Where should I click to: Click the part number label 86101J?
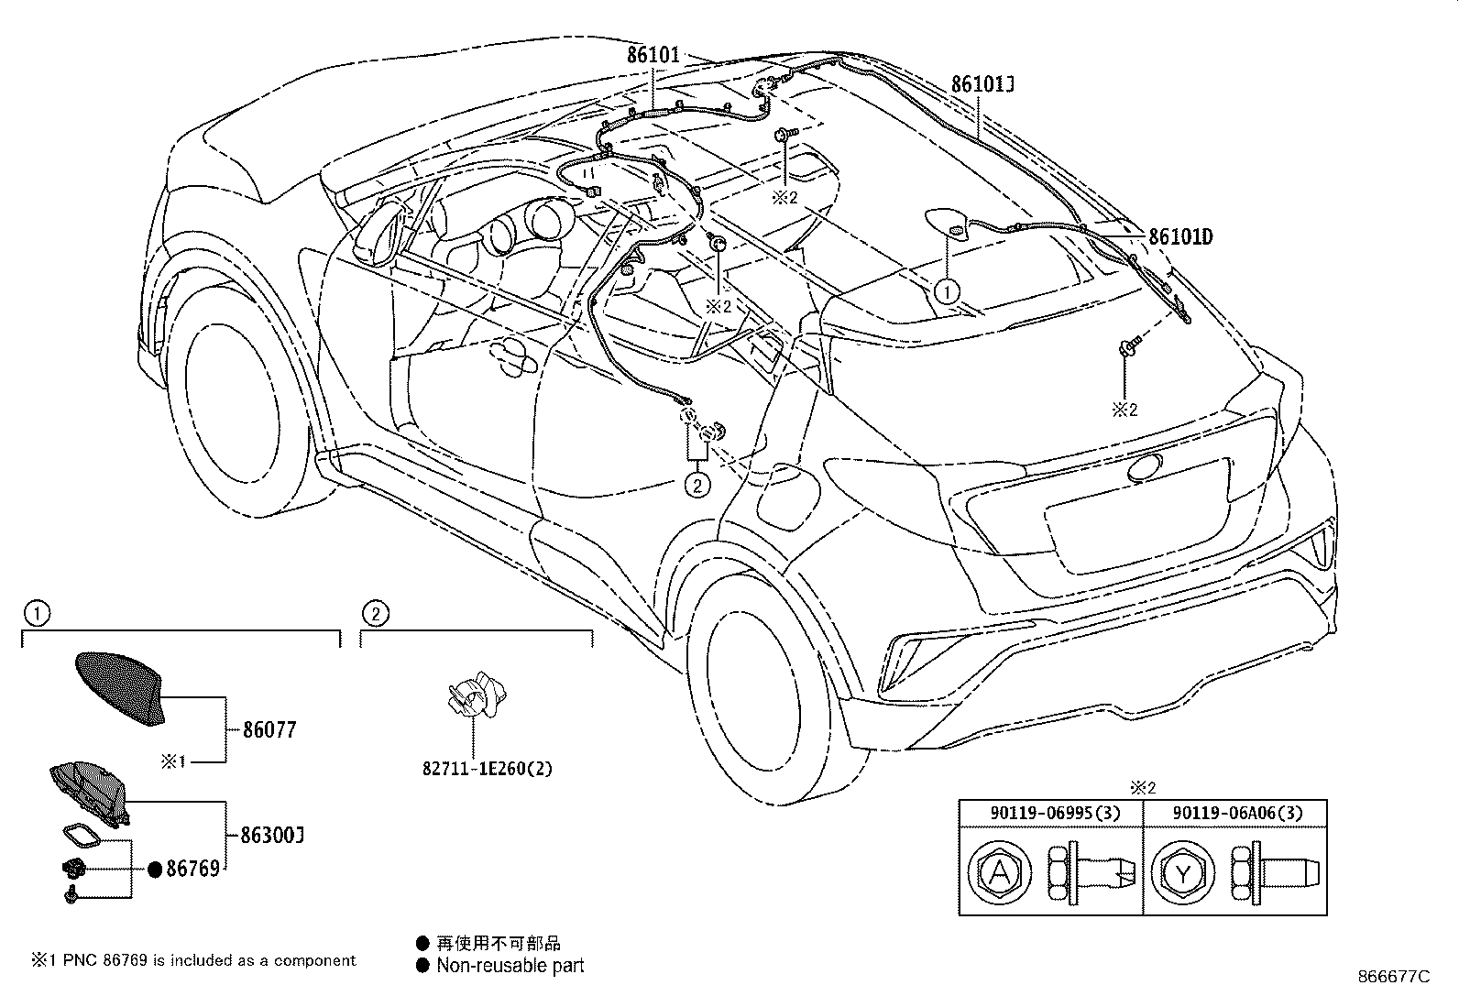(x=982, y=85)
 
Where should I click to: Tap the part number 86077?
(x=269, y=730)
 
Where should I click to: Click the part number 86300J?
(x=272, y=836)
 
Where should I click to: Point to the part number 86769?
(x=192, y=869)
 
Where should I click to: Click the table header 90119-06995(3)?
(x=1050, y=813)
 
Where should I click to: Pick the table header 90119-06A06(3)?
(x=1235, y=813)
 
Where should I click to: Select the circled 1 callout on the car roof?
(x=947, y=291)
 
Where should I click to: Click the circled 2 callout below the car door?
(x=697, y=484)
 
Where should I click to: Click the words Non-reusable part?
(x=510, y=965)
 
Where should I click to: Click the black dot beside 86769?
(x=155, y=869)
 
